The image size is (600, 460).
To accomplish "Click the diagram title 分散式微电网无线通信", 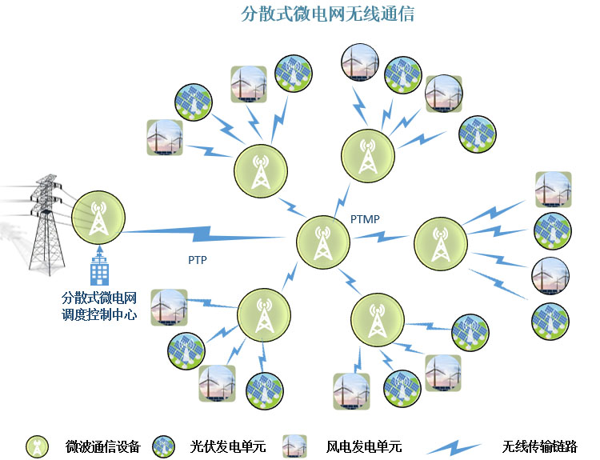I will pyautogui.click(x=327, y=14).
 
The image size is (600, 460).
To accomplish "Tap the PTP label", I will pyautogui.click(x=198, y=260).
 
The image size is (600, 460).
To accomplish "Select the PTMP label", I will pyautogui.click(x=365, y=218).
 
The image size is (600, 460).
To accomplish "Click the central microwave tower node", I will pyautogui.click(x=322, y=239).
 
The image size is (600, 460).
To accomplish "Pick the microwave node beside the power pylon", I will pyautogui.click(x=98, y=217).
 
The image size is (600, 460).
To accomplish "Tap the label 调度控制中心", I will pyautogui.click(x=100, y=314).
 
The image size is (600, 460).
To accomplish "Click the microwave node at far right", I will pyautogui.click(x=438, y=243).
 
